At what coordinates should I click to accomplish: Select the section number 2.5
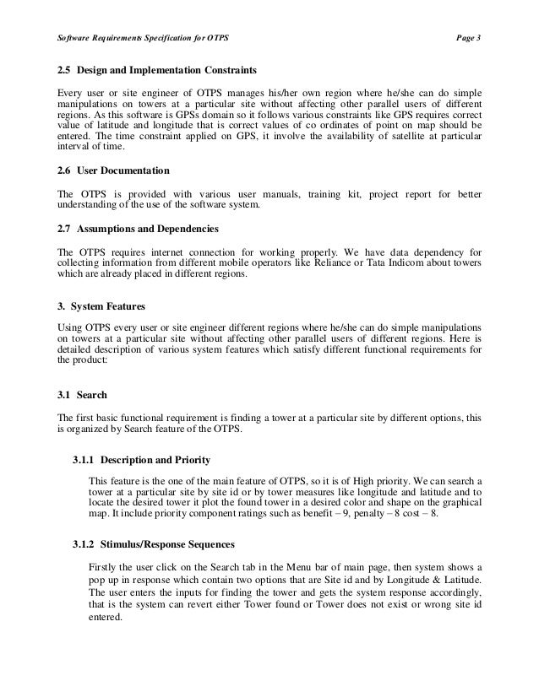pyautogui.click(x=63, y=68)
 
